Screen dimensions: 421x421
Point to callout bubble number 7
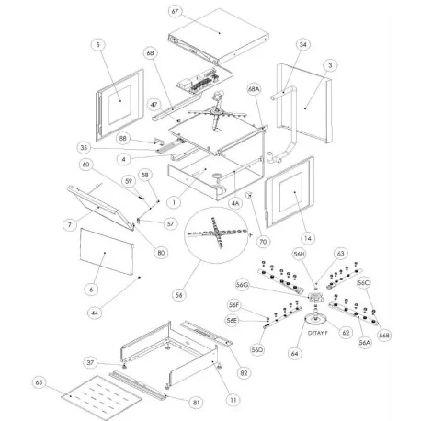click(69, 224)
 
